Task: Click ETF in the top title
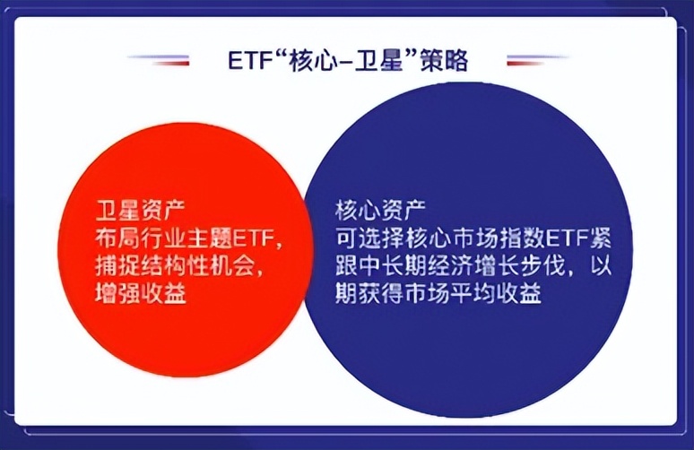[249, 61]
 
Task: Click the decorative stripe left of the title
[159, 60]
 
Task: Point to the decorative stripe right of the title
[537, 60]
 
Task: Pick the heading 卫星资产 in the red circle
[140, 211]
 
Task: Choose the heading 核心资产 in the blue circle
[380, 211]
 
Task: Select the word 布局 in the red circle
[117, 239]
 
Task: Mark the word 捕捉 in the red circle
[117, 266]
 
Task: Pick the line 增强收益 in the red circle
[140, 293]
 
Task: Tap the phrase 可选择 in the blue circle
[369, 239]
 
